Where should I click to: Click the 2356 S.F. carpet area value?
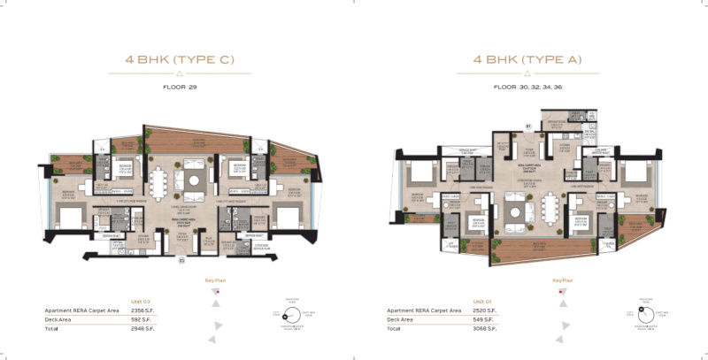[x=142, y=311]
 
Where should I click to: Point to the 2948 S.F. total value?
[x=142, y=328]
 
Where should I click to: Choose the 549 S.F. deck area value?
[x=485, y=319]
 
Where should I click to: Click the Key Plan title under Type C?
[x=217, y=280]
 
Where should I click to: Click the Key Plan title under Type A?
[x=559, y=280]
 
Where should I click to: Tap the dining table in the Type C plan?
[x=159, y=183]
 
